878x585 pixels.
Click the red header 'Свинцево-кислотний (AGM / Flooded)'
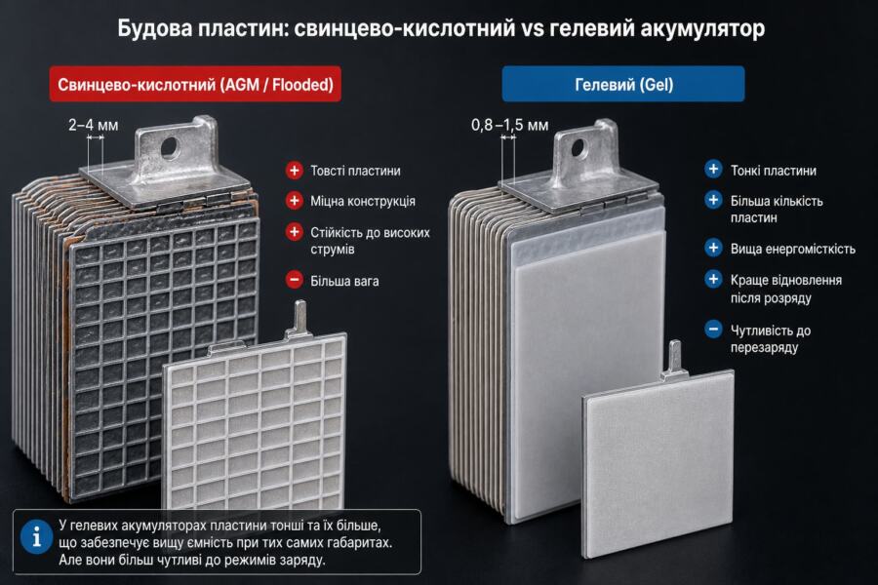[195, 84]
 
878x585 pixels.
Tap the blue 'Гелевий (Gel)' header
[623, 84]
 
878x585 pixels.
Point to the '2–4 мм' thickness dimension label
[94, 124]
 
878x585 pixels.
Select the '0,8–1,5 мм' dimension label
[509, 124]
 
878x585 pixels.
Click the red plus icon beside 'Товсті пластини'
[294, 171]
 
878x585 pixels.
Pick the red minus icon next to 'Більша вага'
[294, 280]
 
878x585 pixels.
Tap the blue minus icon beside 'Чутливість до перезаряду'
[713, 330]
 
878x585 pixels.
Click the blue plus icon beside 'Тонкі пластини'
[713, 169]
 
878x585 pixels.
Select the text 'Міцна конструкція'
[363, 201]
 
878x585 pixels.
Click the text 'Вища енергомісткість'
[793, 250]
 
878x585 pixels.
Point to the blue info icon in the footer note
[37, 536]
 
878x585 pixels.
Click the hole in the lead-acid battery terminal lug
[170, 147]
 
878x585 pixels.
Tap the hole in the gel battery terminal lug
[577, 147]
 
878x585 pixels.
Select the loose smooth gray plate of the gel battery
[658, 465]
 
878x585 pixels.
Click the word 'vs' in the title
[532, 28]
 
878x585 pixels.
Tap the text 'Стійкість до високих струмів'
[370, 240]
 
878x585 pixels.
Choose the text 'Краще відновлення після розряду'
[786, 289]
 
